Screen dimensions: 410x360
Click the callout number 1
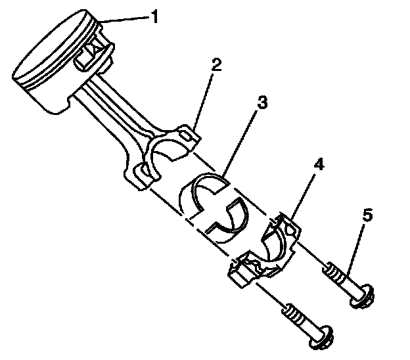154,16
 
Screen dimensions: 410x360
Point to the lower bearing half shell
227,223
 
